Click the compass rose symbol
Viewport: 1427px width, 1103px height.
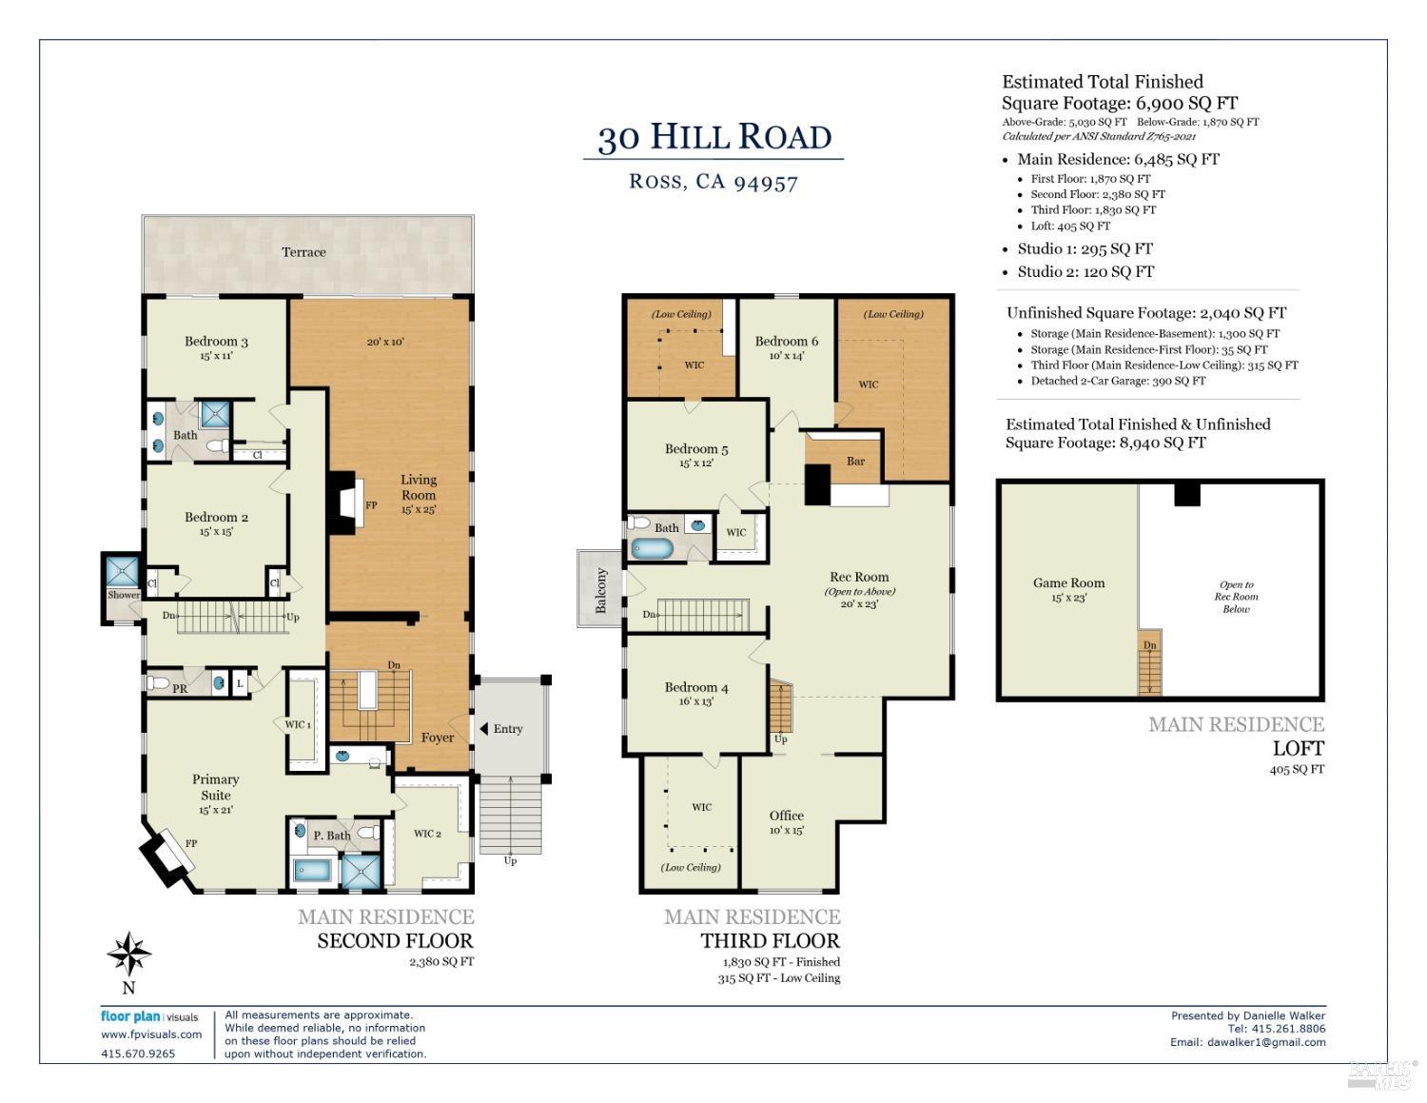tap(128, 954)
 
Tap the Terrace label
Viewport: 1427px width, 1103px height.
tap(303, 252)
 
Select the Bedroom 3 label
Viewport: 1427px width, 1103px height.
tap(216, 342)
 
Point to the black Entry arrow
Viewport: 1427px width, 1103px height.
tap(483, 729)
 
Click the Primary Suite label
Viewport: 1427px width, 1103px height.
tap(216, 787)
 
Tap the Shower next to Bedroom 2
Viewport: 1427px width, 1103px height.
tap(122, 574)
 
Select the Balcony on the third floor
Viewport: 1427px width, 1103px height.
tap(600, 590)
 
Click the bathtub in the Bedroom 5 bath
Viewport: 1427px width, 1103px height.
tap(653, 549)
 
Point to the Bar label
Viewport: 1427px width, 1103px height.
tap(855, 462)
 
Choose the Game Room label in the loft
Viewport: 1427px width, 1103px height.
tap(1068, 583)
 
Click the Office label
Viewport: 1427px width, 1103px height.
tap(787, 816)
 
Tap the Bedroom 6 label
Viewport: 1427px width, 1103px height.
tap(787, 342)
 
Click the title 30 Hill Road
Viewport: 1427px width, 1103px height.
tap(713, 138)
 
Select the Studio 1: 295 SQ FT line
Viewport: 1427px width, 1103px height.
tap(1085, 249)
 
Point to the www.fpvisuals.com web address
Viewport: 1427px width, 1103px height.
tap(151, 1034)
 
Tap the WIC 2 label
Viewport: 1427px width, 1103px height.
tap(427, 834)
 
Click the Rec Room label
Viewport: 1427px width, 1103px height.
tap(859, 577)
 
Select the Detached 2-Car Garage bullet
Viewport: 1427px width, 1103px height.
tap(1118, 381)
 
